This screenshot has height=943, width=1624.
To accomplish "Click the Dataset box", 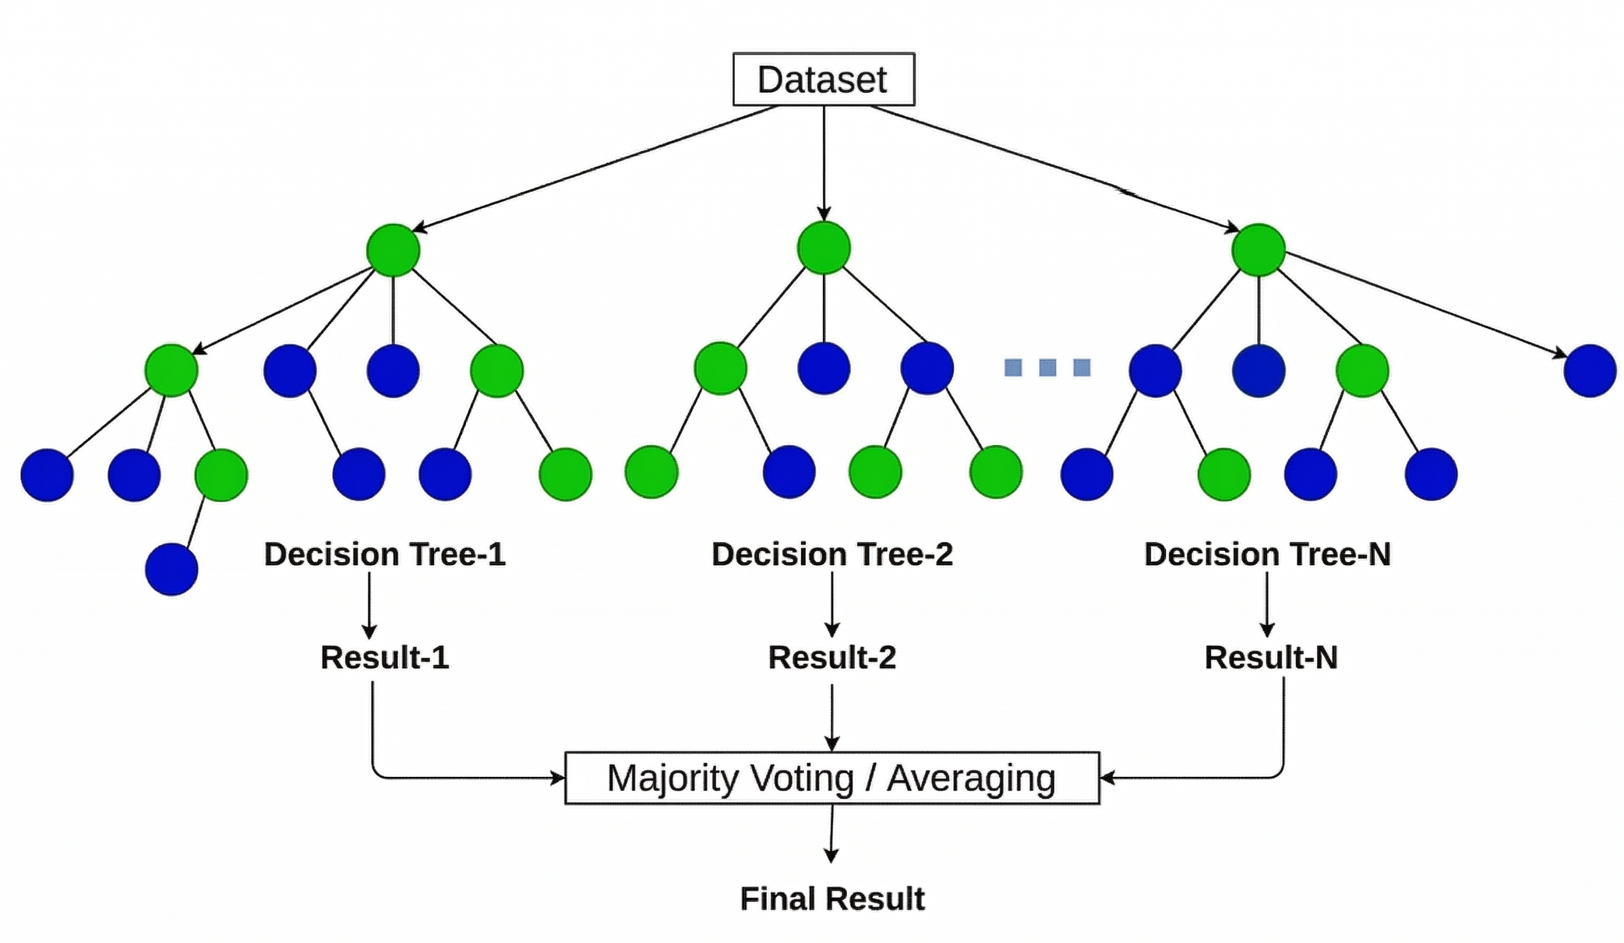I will point(823,79).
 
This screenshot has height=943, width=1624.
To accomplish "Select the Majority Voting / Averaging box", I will point(831,777).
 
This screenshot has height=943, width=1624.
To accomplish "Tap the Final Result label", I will point(831,899).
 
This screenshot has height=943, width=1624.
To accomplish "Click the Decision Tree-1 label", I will point(384,554).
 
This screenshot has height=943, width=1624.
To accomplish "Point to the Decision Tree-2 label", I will point(831,554).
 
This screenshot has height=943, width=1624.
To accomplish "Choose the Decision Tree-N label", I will point(1266,554).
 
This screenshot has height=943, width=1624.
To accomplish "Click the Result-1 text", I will point(384,657).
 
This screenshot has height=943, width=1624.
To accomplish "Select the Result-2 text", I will point(831,657).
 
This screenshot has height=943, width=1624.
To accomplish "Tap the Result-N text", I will point(1270,657).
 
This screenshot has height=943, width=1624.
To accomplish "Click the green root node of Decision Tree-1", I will point(393,250).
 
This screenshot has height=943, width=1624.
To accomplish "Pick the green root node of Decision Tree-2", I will point(824,248).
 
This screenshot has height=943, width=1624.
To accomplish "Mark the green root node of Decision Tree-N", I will point(1258,250).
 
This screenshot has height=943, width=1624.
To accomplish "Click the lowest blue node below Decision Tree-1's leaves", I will point(171,570).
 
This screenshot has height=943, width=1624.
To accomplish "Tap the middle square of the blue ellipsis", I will point(1047,367).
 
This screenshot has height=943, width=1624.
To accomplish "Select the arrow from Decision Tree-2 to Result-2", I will point(831,605).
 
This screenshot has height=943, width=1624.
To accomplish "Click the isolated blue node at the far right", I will point(1589,371).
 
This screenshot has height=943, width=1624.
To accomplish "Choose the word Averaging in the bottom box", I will point(970,778).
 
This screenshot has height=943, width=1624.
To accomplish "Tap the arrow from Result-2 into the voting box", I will point(831,717).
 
